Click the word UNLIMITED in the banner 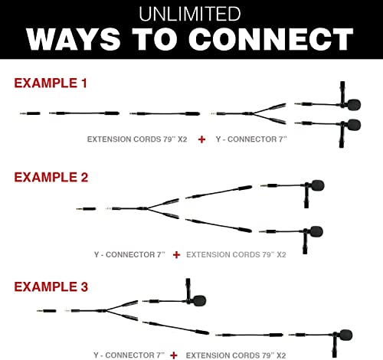click(x=190, y=14)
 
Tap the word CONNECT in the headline click(x=271, y=39)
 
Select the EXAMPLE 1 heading click(x=51, y=83)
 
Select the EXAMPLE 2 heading click(x=51, y=177)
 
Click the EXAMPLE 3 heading click(x=51, y=286)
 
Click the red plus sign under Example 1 click(x=201, y=139)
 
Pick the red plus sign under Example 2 click(x=176, y=255)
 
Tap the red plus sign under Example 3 click(x=174, y=355)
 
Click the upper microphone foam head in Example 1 click(x=354, y=104)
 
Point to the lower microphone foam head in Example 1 click(x=354, y=125)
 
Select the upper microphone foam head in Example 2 click(x=318, y=185)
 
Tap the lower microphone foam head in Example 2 click(x=316, y=231)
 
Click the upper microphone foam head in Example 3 click(x=200, y=301)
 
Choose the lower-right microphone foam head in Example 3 click(x=345, y=335)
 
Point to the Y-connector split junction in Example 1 click(x=252, y=113)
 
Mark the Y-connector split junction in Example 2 click(x=146, y=209)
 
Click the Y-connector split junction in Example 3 click(x=105, y=311)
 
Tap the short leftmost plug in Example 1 click(x=30, y=113)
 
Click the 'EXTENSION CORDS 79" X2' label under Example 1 click(x=137, y=139)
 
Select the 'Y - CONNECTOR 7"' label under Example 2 click(x=129, y=255)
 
